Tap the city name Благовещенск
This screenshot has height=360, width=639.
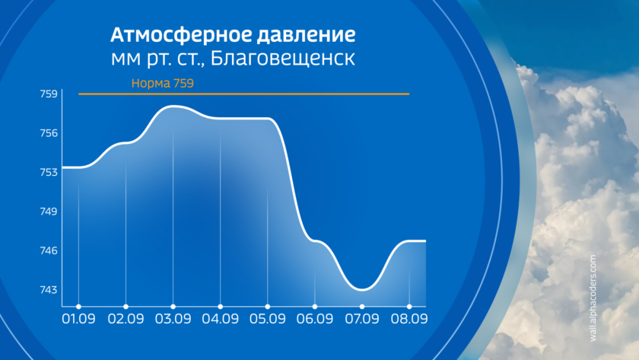tap(283, 59)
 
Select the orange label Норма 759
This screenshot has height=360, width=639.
tap(162, 83)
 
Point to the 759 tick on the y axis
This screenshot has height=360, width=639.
tap(49, 94)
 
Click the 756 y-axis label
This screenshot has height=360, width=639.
tap(49, 133)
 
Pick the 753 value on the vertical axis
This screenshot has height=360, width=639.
tap(49, 172)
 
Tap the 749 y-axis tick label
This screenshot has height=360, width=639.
tap(49, 211)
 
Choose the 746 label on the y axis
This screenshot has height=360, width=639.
tap(49, 250)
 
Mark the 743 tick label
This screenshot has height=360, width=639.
tap(49, 289)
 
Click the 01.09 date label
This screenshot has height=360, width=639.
tap(78, 318)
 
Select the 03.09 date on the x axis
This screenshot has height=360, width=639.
tap(173, 318)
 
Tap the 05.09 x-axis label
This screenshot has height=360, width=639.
tap(267, 318)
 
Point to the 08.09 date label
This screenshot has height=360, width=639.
tap(409, 318)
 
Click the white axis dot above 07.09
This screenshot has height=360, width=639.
tap(362, 307)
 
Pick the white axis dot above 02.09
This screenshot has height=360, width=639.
tap(126, 307)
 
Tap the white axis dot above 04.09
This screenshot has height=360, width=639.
tap(220, 307)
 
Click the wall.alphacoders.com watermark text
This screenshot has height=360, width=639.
tap(593, 298)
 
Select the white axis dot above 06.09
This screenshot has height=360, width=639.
tap(315, 307)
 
